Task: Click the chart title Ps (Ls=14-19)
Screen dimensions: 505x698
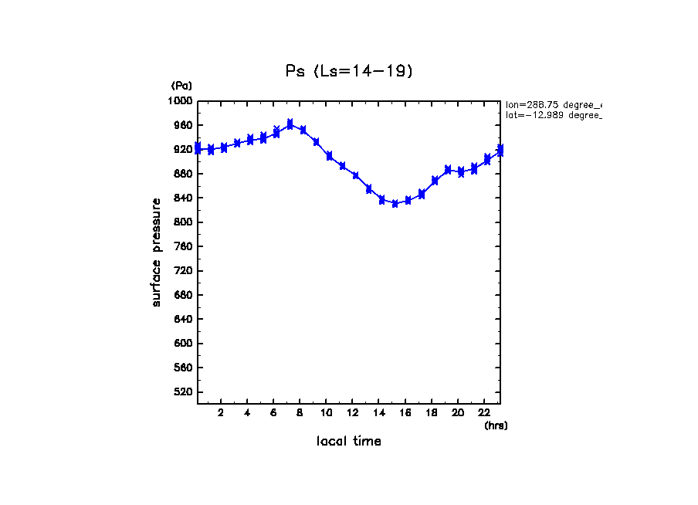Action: point(350,71)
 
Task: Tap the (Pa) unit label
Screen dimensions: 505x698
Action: point(181,86)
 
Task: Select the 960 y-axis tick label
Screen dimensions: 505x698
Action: point(182,125)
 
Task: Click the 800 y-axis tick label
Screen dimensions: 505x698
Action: point(182,222)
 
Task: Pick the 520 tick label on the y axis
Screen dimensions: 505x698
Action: point(182,392)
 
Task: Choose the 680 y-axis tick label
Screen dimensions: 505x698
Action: point(182,295)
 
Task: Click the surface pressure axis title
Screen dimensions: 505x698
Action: point(157,252)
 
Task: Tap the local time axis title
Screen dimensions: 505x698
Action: point(349,442)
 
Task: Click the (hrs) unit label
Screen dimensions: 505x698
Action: point(496,425)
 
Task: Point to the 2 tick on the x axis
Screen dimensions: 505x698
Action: point(221,413)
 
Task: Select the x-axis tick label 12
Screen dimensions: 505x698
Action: point(353,413)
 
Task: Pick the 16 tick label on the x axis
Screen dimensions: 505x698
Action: point(405,413)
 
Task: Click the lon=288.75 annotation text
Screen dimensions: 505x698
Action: point(553,104)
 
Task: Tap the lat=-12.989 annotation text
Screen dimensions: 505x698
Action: point(553,115)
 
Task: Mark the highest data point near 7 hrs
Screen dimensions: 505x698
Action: point(290,124)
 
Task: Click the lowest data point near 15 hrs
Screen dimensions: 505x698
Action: point(395,204)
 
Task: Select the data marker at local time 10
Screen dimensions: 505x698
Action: point(330,156)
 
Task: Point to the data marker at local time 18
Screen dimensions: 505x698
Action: point(435,181)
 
